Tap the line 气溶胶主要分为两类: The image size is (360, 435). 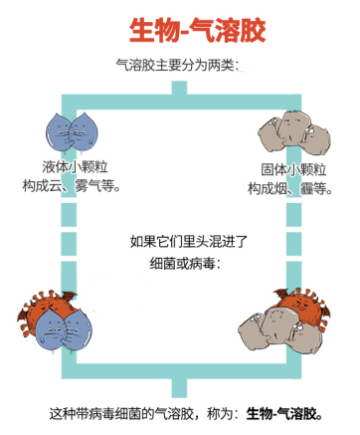[180, 67]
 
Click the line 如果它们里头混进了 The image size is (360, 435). [180, 241]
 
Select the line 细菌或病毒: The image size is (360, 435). [180, 264]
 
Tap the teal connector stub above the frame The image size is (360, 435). [179, 90]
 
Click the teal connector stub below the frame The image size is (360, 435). [179, 386]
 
